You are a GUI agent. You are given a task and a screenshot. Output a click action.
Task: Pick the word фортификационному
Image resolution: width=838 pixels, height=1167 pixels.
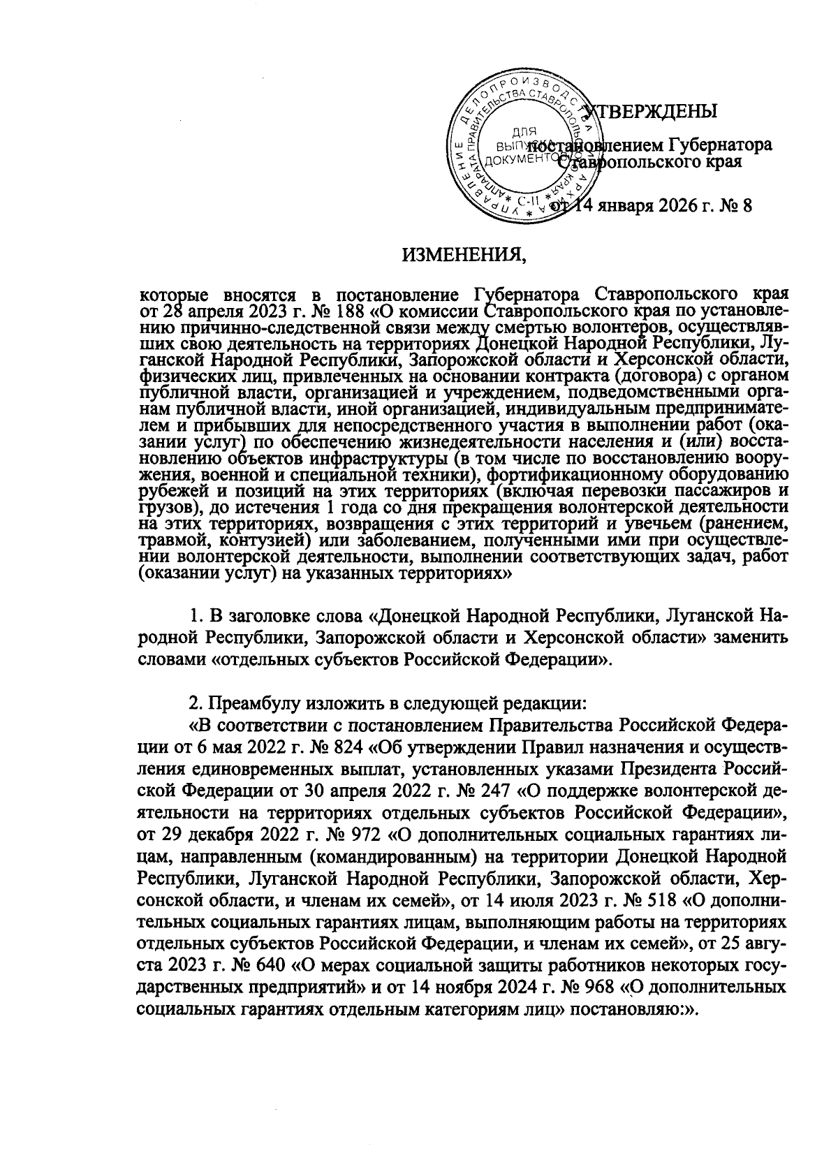[598, 475]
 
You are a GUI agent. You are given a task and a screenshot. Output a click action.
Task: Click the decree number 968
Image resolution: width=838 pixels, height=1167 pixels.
[596, 988]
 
